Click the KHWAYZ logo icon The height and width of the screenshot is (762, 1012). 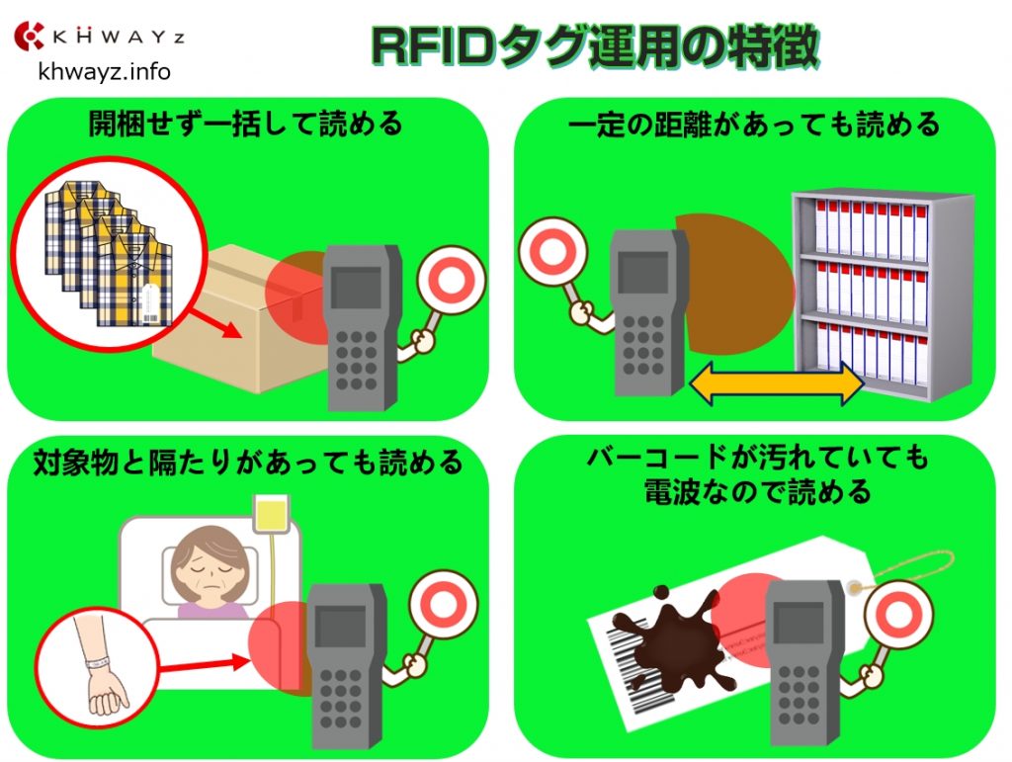[30, 37]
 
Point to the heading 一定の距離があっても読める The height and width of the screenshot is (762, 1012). [754, 125]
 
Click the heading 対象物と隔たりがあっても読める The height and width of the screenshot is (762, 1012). [247, 462]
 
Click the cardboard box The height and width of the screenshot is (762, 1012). [237, 316]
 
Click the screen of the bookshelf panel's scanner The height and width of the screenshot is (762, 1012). [638, 271]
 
